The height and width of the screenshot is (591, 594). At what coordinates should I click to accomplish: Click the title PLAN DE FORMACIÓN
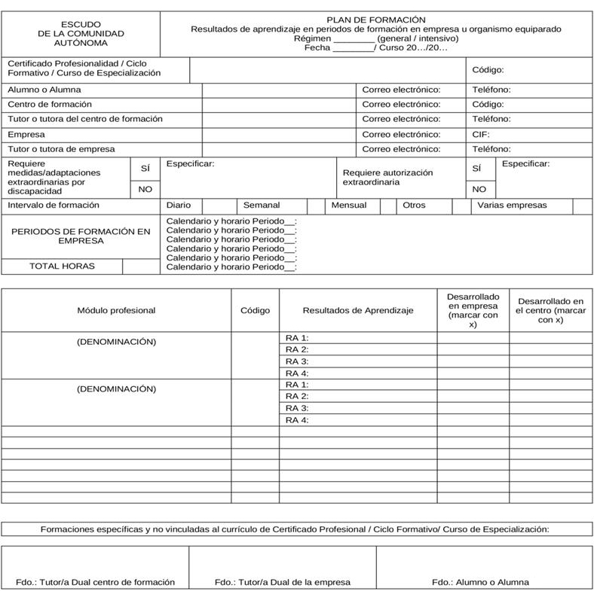pos(375,20)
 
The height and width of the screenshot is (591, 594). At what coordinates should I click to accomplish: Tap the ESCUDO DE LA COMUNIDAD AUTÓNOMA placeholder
pos(81,34)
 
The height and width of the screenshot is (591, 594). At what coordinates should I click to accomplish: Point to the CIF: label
pos(481,134)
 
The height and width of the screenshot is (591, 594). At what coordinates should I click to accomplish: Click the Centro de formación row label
pos(50,104)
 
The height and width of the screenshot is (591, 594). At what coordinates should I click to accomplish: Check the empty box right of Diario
pos(220,205)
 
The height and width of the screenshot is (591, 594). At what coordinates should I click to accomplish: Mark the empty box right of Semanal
pos(316,205)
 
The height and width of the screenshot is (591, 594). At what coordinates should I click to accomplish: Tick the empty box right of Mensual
pos(388,205)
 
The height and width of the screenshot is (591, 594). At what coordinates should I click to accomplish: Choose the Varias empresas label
pos(513,205)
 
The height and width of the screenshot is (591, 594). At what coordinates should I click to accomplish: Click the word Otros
pos(414,205)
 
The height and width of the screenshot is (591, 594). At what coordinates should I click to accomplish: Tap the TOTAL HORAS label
pos(63,266)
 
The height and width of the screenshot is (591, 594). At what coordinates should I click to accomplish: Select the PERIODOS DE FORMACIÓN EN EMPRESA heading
pos(81,236)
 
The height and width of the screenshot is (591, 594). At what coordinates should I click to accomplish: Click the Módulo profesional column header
pos(116,310)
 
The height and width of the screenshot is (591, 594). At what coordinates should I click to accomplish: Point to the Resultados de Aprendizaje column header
pos(358,310)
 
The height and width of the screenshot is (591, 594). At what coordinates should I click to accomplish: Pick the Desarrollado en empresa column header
pos(473,310)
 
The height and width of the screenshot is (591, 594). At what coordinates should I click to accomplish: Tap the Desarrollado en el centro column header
pos(550,310)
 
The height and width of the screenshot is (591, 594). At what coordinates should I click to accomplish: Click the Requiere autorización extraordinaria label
pos(387,177)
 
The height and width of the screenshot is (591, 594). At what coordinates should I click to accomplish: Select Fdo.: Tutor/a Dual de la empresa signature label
pos(282,581)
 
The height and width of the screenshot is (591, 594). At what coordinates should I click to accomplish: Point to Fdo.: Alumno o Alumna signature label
pos(480,581)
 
